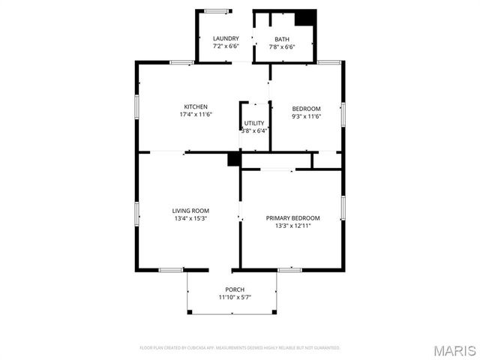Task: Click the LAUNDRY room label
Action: (226, 38)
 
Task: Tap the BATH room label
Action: (282, 39)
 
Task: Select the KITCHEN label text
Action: (196, 106)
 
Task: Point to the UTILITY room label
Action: (254, 122)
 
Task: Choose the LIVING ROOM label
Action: (190, 211)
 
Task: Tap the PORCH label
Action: (235, 289)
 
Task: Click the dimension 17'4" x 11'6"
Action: (196, 115)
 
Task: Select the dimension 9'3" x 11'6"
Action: (305, 117)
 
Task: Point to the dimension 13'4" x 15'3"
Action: (190, 219)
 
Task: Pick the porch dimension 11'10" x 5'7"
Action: (235, 298)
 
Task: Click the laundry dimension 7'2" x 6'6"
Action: (226, 46)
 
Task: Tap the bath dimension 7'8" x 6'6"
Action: (282, 46)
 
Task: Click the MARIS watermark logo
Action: (454, 350)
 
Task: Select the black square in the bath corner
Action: (304, 19)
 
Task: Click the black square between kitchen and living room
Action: (234, 159)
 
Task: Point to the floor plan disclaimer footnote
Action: (240, 348)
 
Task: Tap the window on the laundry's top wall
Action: (217, 10)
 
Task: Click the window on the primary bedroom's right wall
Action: (343, 206)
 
